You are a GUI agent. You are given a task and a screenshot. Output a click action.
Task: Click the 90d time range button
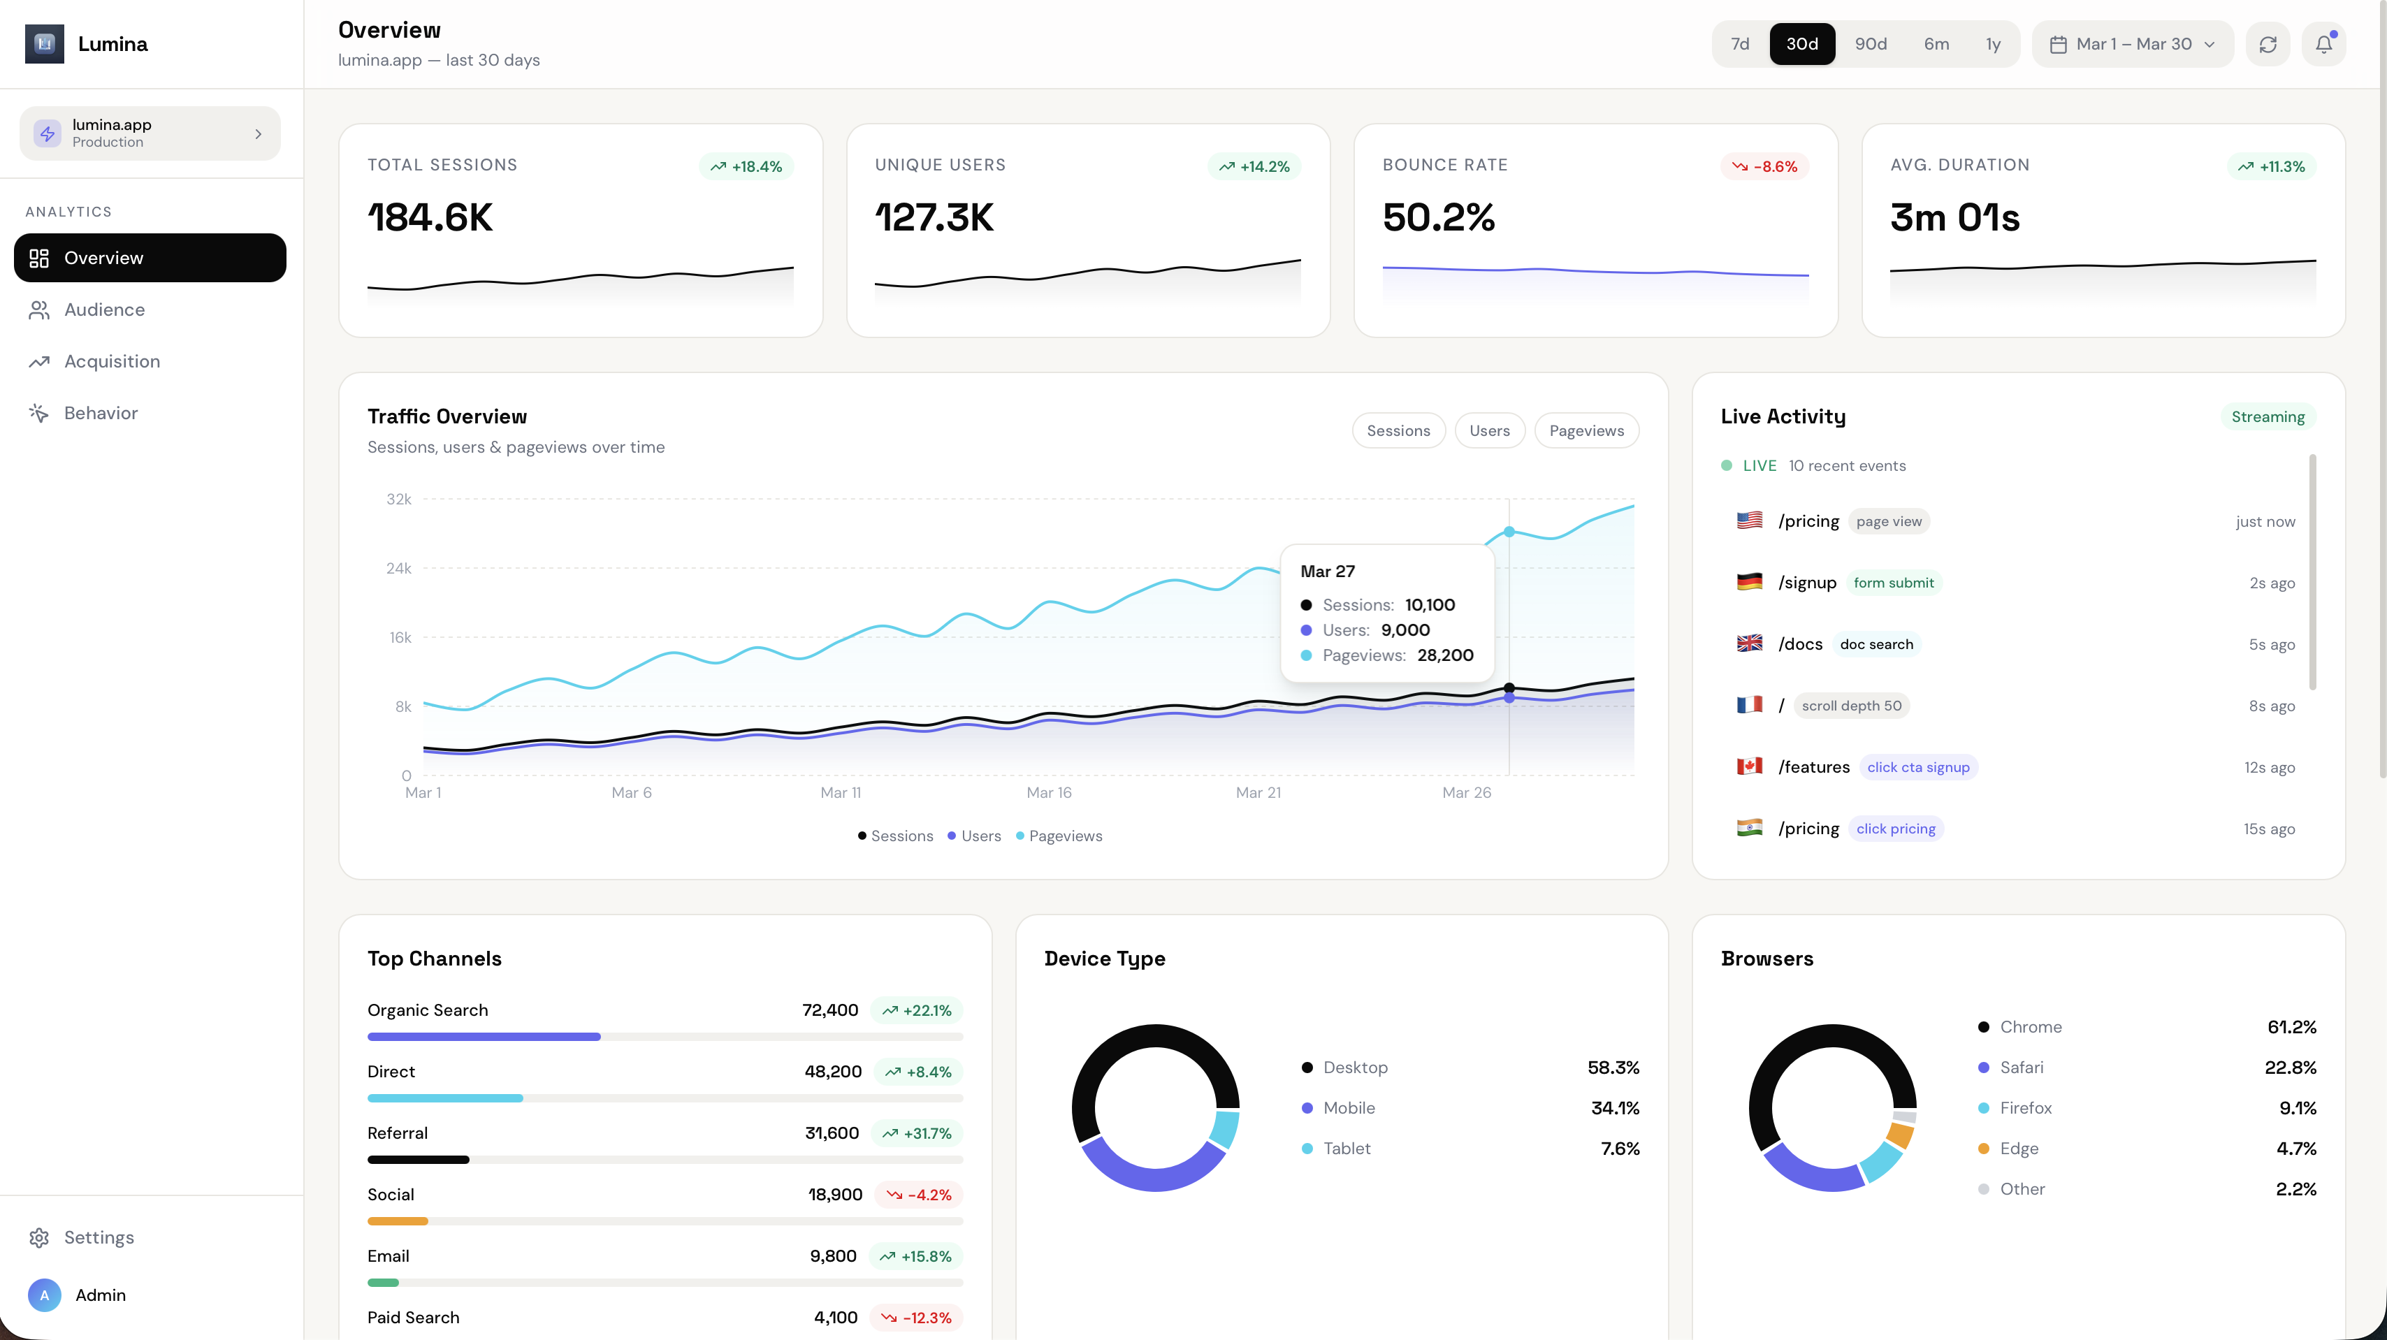(1870, 43)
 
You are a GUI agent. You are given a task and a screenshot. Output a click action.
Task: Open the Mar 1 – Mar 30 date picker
(2132, 43)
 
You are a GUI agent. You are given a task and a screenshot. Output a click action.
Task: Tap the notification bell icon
(2323, 43)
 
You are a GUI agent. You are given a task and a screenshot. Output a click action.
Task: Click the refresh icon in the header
(2268, 43)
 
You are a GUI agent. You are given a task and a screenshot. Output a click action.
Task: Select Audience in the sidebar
(104, 309)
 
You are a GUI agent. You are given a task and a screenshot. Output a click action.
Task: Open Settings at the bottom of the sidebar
(99, 1237)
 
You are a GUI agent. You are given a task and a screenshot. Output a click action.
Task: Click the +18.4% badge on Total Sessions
(746, 166)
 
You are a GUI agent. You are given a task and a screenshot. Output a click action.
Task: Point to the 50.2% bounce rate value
(1438, 217)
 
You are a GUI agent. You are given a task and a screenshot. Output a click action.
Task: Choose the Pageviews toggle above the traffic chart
(1586, 430)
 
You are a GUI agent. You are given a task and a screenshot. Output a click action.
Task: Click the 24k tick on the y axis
(398, 568)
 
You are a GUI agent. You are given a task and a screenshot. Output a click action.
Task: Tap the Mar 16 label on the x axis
(1048, 792)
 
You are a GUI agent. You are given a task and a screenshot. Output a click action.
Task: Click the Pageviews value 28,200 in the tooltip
(1444, 655)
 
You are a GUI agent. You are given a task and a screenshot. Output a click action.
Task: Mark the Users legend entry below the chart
(974, 836)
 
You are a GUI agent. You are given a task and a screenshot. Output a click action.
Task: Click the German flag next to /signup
(1748, 582)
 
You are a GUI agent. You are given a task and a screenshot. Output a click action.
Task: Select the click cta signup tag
(1917, 767)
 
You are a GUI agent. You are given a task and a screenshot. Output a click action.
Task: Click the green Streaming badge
(2267, 416)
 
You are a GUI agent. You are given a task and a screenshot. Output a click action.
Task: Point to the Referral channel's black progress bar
(418, 1159)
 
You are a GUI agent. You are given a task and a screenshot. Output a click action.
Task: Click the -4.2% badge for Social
(918, 1195)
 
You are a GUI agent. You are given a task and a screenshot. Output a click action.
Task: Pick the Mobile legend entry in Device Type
(1348, 1107)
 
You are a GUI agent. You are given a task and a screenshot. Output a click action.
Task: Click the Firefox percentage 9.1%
(2297, 1107)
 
